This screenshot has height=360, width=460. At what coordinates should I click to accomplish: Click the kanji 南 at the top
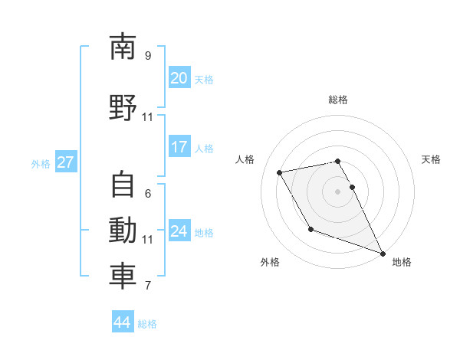click(123, 47)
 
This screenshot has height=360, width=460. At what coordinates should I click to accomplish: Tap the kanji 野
click(123, 108)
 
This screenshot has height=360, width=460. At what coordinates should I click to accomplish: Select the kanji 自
click(123, 186)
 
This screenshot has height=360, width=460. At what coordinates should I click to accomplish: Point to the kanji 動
click(123, 231)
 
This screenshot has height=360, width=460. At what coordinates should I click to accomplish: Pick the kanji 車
click(123, 277)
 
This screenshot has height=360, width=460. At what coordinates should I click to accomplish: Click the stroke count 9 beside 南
click(148, 56)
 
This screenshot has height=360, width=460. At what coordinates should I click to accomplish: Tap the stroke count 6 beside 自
click(148, 194)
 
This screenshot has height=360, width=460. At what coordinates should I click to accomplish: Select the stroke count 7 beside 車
click(148, 286)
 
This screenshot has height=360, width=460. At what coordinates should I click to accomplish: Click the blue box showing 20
click(179, 78)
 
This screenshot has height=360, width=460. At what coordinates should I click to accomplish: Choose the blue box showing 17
click(179, 147)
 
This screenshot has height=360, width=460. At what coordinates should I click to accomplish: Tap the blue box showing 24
click(179, 231)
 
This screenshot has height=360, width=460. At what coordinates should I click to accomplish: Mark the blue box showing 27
click(65, 162)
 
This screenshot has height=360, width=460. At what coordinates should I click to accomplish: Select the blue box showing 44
click(122, 322)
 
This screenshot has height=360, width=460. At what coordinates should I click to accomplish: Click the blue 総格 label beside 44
click(147, 324)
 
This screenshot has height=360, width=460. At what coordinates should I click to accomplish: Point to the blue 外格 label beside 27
click(41, 163)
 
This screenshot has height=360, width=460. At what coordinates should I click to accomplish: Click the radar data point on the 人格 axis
click(280, 172)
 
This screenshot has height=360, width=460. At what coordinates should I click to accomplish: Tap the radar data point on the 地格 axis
click(383, 254)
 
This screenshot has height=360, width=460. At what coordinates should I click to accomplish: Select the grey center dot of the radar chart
click(337, 191)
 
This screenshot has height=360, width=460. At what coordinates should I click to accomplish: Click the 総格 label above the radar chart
click(337, 100)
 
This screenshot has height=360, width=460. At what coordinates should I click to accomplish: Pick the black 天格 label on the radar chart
click(431, 159)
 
